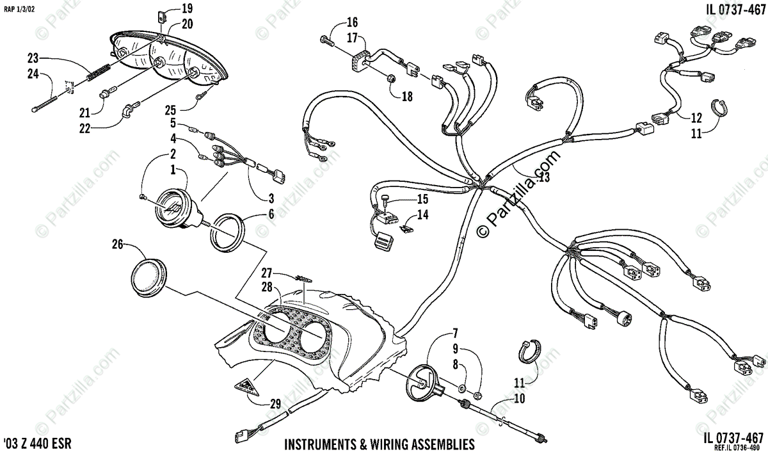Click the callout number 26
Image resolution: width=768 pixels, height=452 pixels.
click(117, 244)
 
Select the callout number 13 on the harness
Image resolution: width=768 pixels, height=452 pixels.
click(543, 177)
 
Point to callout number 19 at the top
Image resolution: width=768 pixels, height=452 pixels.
click(169, 9)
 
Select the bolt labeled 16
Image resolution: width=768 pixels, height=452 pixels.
click(327, 40)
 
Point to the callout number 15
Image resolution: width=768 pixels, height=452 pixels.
click(423, 199)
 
